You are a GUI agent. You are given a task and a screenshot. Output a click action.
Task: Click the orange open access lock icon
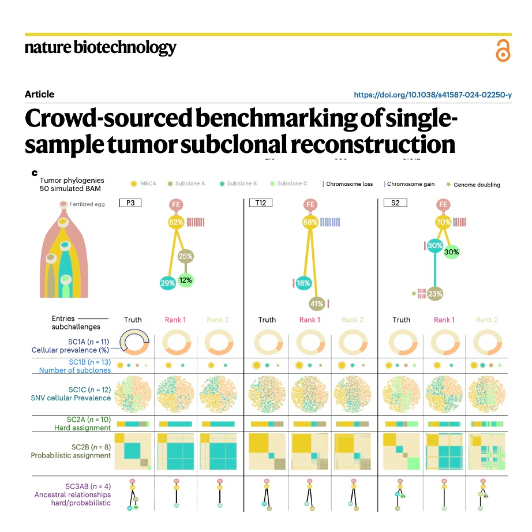[x=503, y=50]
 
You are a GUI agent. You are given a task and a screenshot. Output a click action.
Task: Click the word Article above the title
[x=39, y=94]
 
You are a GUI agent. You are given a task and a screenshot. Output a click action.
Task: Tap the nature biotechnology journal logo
[x=100, y=47]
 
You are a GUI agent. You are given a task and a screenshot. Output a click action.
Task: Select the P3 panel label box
[x=130, y=203]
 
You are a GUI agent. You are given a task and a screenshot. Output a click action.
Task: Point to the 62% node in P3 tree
[x=175, y=222]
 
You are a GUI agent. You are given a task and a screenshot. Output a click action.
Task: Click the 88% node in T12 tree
[x=310, y=222]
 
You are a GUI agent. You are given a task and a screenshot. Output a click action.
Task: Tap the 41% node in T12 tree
[x=316, y=303]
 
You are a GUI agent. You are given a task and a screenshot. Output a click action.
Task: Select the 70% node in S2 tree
[x=443, y=222]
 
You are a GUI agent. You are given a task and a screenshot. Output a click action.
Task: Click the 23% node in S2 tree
[x=435, y=294]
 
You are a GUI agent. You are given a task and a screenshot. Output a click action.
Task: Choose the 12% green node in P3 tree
[x=185, y=280]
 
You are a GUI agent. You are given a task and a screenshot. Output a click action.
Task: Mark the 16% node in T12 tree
[x=304, y=283]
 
